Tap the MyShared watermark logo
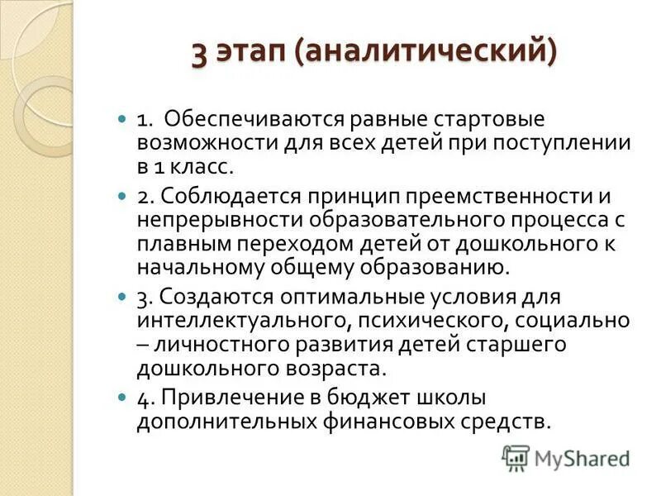click(x=565, y=457)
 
